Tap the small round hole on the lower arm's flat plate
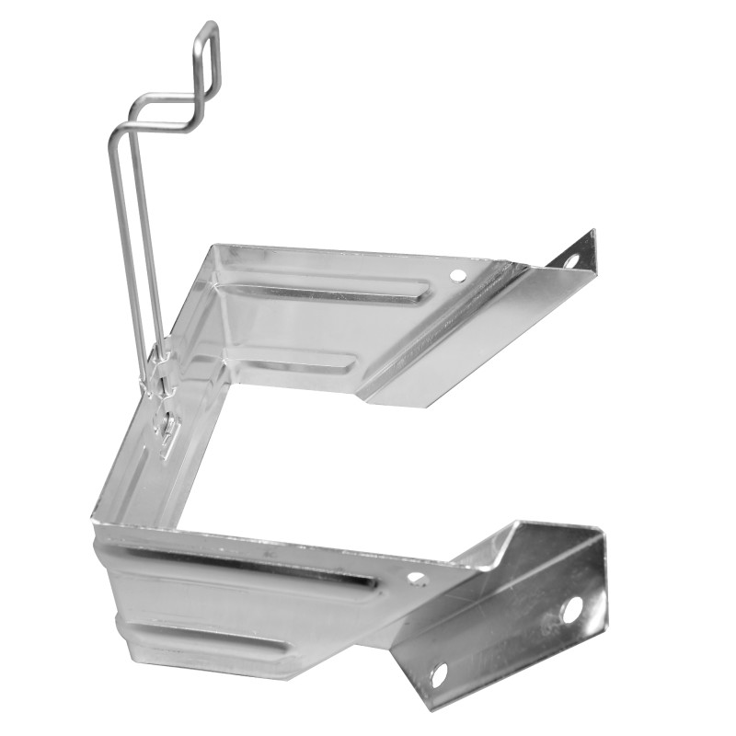(416, 579)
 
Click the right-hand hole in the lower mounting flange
(570, 609)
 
